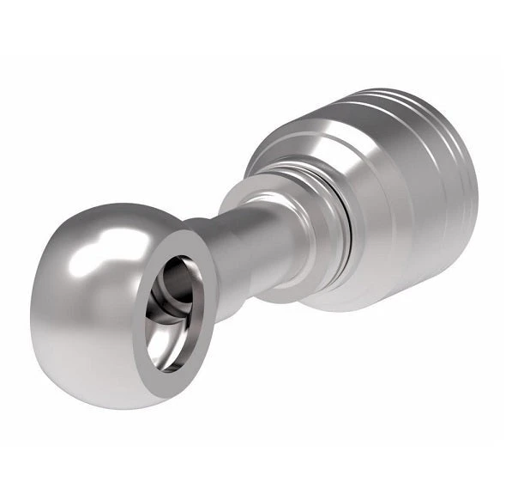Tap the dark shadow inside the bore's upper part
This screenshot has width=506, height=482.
click(176, 271)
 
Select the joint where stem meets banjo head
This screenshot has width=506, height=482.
click(214, 258)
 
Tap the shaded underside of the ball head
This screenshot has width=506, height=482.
click(94, 361)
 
